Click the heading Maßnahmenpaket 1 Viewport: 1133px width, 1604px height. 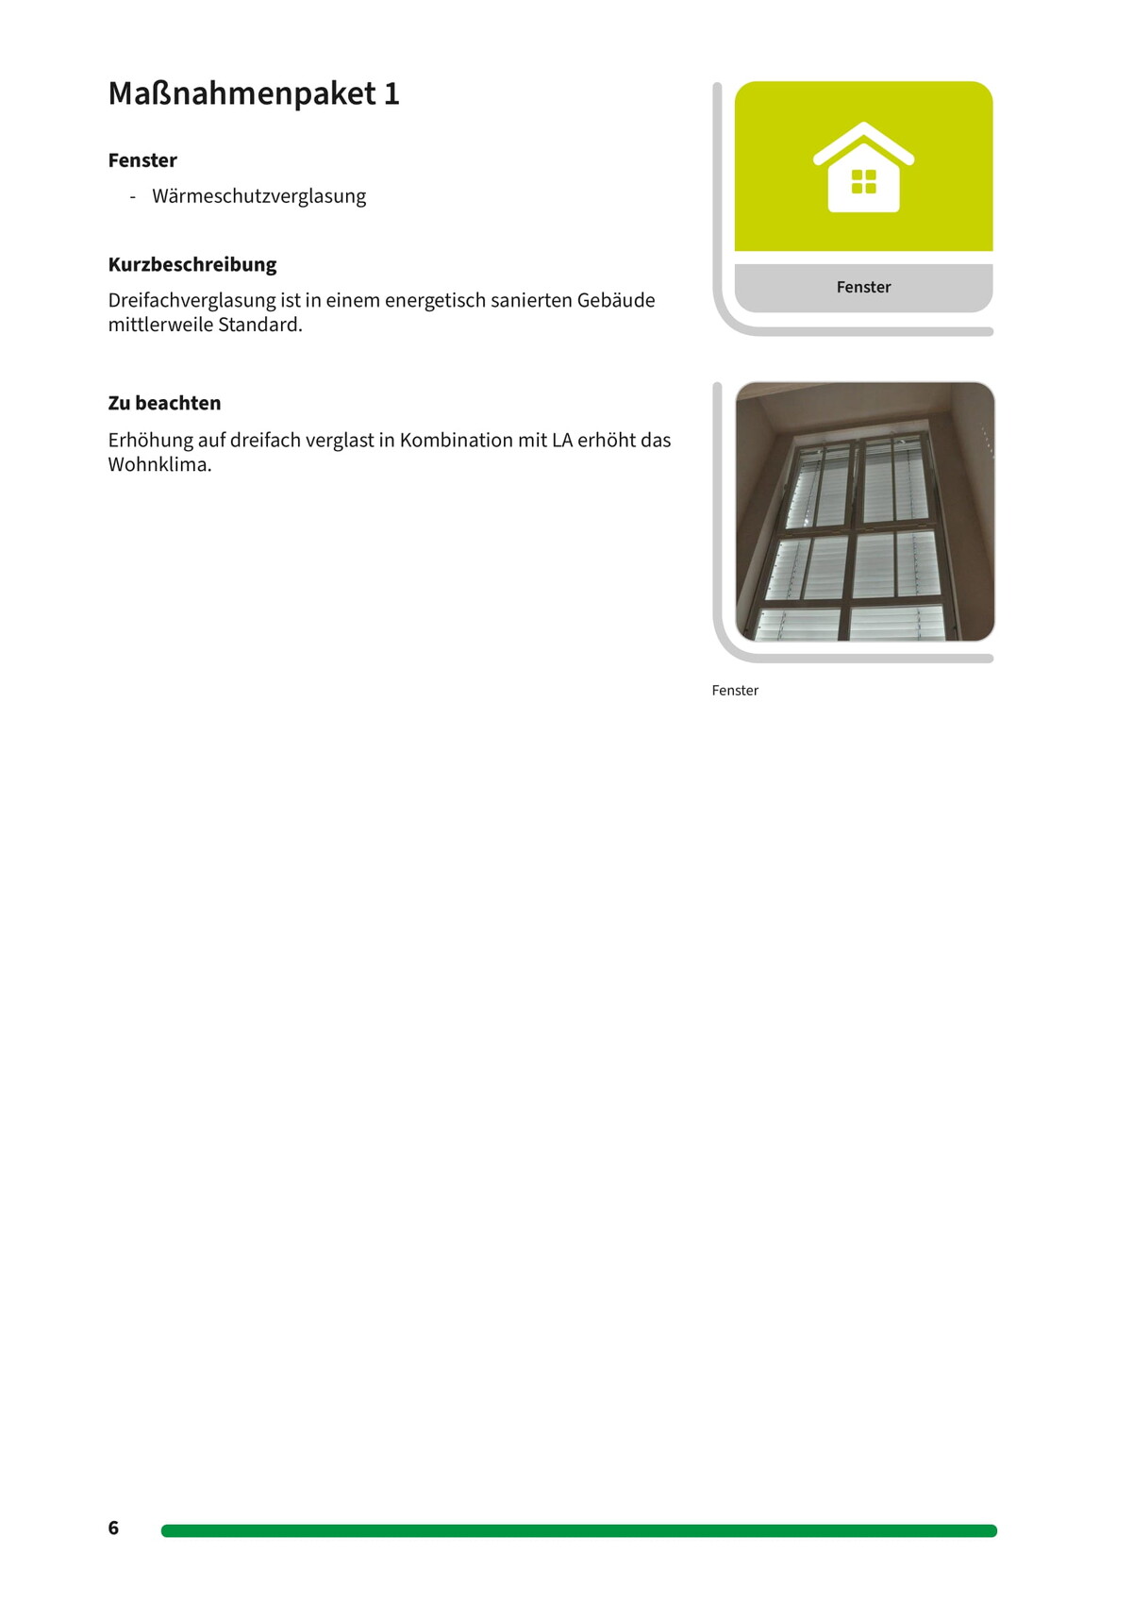(254, 93)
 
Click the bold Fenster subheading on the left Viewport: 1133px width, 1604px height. (142, 160)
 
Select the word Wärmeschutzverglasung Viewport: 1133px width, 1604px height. (258, 196)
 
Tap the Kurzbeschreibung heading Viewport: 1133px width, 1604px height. (192, 264)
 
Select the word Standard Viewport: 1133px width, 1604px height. (259, 325)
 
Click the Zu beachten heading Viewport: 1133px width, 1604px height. (164, 403)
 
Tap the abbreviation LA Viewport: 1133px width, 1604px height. (562, 440)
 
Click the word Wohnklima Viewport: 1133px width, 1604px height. (158, 464)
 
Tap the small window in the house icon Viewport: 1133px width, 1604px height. (863, 181)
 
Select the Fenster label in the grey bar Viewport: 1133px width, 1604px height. (863, 287)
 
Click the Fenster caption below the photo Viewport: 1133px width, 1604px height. (735, 691)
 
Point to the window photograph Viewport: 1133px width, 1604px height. (864, 511)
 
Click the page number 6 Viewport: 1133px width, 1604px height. (113, 1528)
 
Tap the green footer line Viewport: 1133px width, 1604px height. (578, 1530)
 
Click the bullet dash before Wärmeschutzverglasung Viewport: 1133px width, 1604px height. (133, 196)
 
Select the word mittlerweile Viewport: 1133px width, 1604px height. (160, 325)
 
